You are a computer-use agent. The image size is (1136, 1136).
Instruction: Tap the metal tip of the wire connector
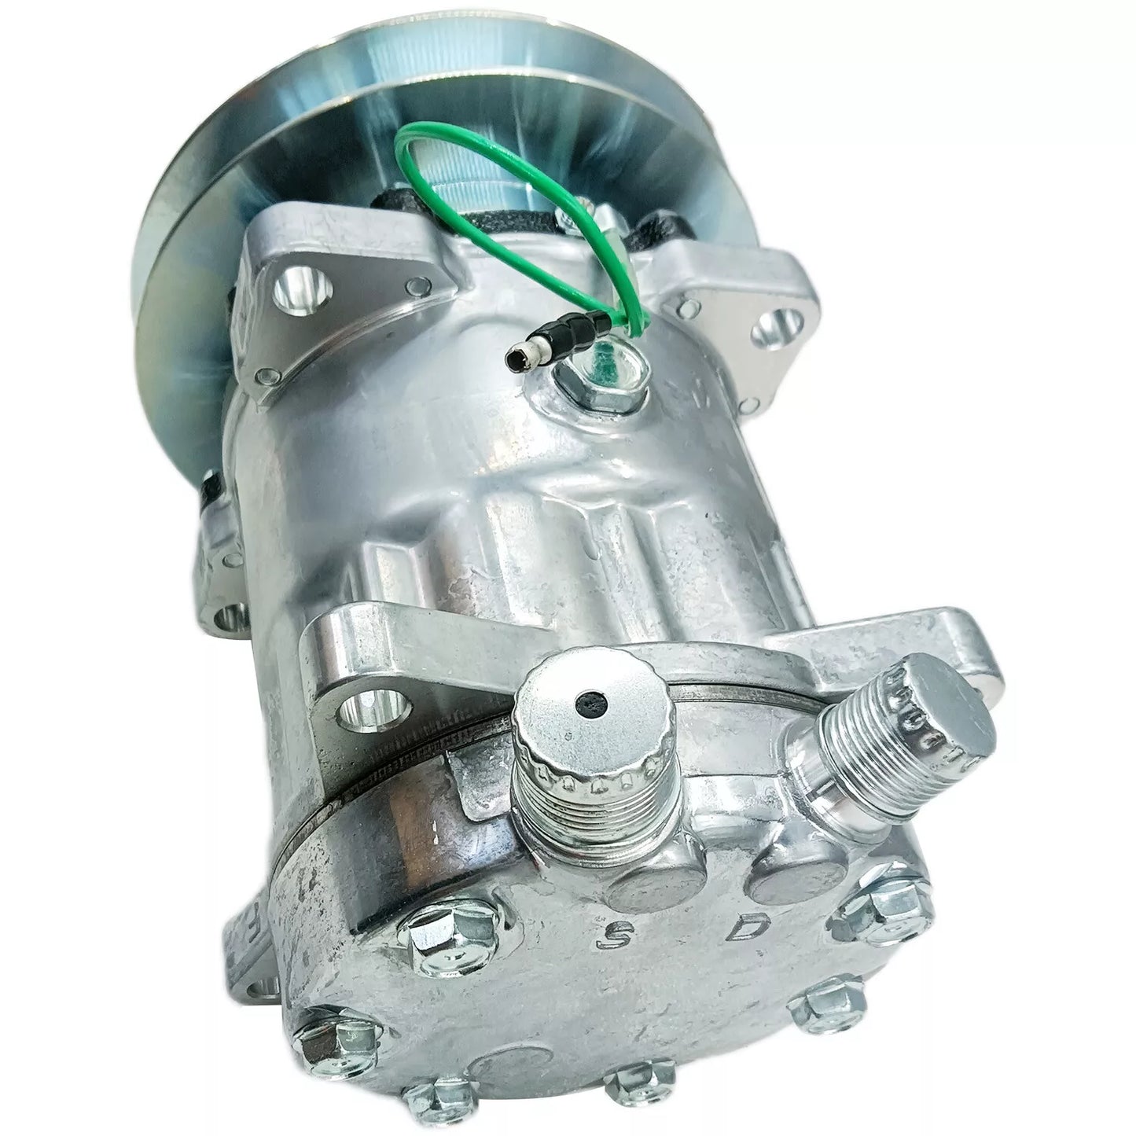pos(517,359)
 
